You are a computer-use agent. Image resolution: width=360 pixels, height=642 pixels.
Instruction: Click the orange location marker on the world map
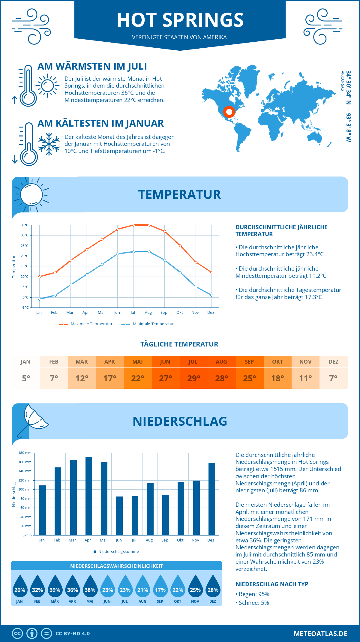click(x=229, y=112)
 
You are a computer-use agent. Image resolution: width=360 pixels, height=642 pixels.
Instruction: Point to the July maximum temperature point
click(x=133, y=225)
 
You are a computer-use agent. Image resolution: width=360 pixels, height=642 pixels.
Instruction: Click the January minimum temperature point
click(x=40, y=299)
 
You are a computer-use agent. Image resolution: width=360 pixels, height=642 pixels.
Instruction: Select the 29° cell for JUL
click(x=193, y=378)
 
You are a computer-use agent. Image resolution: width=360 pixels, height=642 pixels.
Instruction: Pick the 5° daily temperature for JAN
click(x=26, y=378)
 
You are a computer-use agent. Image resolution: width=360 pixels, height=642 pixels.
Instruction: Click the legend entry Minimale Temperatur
click(x=148, y=324)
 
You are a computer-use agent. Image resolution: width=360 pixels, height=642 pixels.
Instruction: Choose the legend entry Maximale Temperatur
click(x=86, y=324)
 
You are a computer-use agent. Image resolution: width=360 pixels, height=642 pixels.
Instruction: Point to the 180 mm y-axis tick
click(x=25, y=453)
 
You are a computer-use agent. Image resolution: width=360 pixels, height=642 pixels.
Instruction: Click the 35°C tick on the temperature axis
click(x=25, y=225)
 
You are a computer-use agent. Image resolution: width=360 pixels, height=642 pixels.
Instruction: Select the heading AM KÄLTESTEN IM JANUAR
click(x=100, y=123)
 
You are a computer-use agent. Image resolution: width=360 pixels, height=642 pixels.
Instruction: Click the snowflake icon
click(x=49, y=144)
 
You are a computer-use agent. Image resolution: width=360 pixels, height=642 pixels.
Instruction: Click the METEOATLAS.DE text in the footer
click(x=320, y=634)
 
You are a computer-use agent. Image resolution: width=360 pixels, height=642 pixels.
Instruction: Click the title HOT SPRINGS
click(x=180, y=20)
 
